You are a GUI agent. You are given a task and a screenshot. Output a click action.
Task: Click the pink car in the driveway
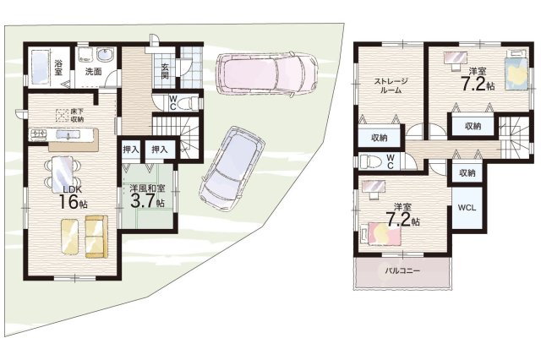click(266, 73)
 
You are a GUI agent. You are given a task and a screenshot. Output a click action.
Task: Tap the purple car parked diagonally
click(232, 170)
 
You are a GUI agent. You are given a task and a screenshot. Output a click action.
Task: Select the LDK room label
click(72, 189)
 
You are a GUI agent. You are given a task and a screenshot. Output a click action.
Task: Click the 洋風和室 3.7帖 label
click(147, 195)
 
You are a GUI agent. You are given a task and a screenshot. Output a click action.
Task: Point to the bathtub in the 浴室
click(40, 67)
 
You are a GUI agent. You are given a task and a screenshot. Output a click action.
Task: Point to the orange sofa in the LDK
click(96, 237)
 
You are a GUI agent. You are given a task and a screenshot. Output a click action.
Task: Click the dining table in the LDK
click(63, 174)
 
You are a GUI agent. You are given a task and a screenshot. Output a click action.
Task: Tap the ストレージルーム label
click(391, 86)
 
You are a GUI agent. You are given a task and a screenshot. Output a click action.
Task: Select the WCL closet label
click(467, 208)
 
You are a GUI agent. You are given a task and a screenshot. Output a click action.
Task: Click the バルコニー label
click(402, 270)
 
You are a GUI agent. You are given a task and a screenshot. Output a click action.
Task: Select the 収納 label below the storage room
click(380, 138)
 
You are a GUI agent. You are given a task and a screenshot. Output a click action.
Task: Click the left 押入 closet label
click(131, 150)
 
